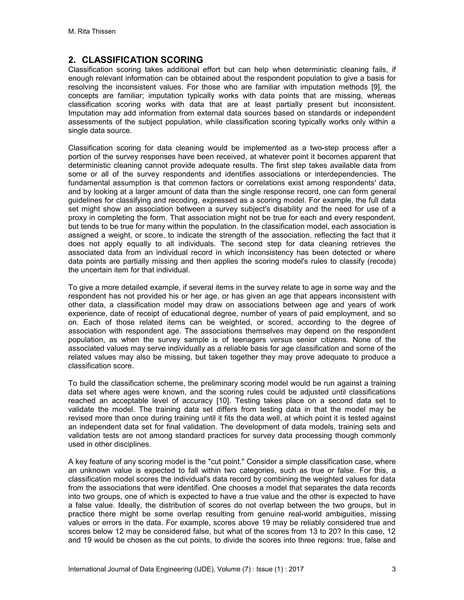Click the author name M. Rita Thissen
tap(92, 32)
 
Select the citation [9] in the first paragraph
tap(376, 87)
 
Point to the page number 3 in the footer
tap(394, 569)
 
